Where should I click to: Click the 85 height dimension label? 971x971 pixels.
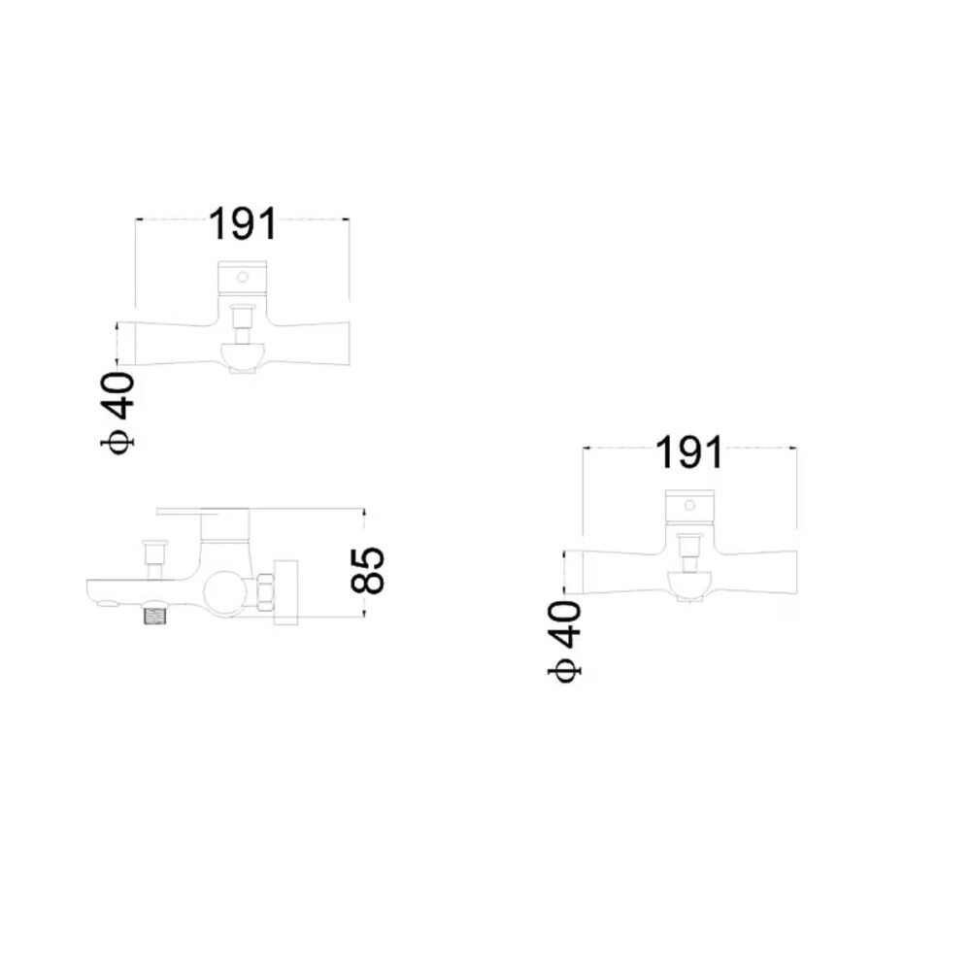tap(368, 570)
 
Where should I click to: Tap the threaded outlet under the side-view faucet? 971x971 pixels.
tap(156, 617)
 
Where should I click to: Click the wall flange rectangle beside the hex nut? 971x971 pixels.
tap(286, 592)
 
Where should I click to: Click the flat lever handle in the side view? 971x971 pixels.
tap(203, 512)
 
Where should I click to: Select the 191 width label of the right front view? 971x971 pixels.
tap(689, 452)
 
